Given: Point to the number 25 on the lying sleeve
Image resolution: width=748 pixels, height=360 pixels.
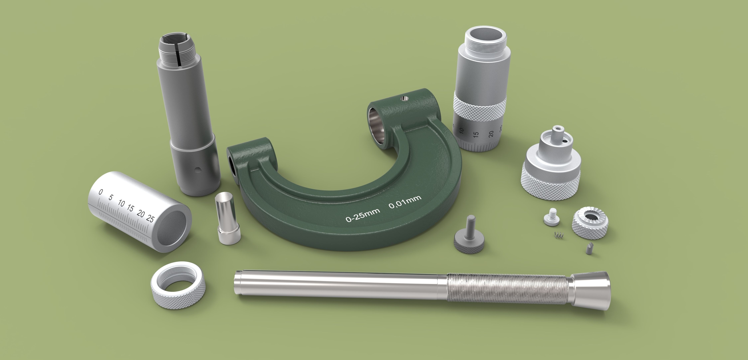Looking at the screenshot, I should click(x=150, y=218).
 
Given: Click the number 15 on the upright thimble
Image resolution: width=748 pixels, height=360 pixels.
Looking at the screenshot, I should click(x=476, y=135).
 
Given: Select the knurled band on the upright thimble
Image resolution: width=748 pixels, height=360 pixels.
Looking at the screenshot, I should click(x=480, y=107).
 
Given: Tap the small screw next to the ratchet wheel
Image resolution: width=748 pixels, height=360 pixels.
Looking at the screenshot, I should click(x=551, y=217).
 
